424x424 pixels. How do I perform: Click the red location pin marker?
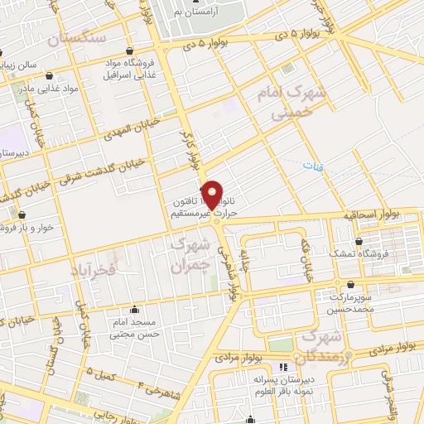[x=213, y=195]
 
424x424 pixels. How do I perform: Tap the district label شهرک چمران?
[x=187, y=256]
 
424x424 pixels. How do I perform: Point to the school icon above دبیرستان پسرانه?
[x=283, y=366]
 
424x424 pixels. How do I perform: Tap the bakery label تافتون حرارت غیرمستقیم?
[x=196, y=206]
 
